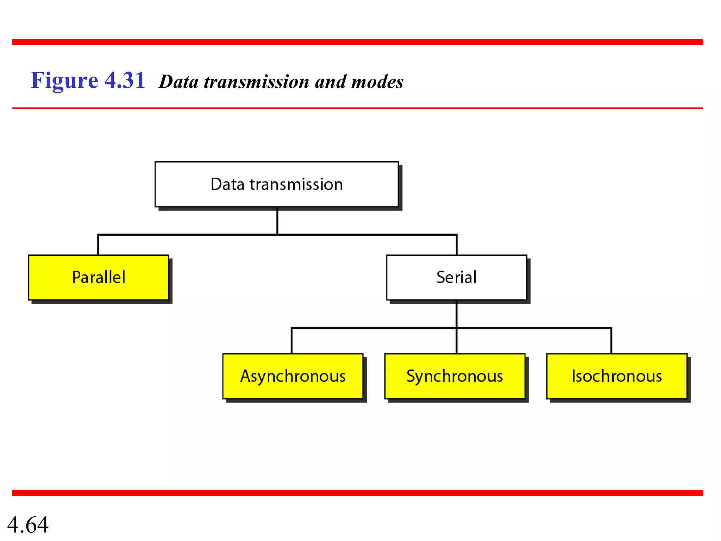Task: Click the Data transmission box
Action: coord(277,184)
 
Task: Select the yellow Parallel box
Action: coord(98,278)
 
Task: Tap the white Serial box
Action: coord(456,278)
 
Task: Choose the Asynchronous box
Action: coord(293,376)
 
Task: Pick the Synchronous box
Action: coord(454,376)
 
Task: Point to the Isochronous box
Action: coord(616,376)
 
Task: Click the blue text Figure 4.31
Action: coord(88,80)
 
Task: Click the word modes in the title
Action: coord(377,82)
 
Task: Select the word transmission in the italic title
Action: coord(256,82)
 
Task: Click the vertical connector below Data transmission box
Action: coord(277,221)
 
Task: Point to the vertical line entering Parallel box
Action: coord(98,245)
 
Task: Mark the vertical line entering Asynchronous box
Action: coord(292,341)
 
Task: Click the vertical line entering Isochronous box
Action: coord(611,341)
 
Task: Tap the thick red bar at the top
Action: coord(357,42)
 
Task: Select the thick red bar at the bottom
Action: coord(357,493)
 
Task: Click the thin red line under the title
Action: coord(357,108)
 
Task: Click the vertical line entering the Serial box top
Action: coord(457,245)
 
